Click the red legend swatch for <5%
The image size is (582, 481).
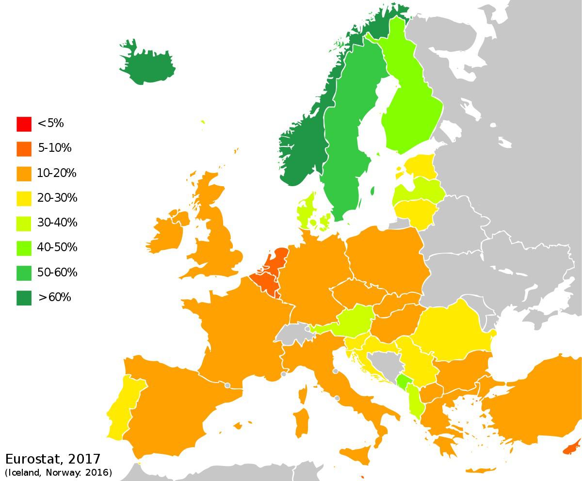point(24,124)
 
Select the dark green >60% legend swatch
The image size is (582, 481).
point(24,297)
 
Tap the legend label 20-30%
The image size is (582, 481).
point(57,198)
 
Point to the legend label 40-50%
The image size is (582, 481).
point(57,247)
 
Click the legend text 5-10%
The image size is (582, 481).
point(54,148)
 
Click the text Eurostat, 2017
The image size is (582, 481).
point(53,459)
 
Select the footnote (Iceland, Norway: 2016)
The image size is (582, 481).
point(58,472)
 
